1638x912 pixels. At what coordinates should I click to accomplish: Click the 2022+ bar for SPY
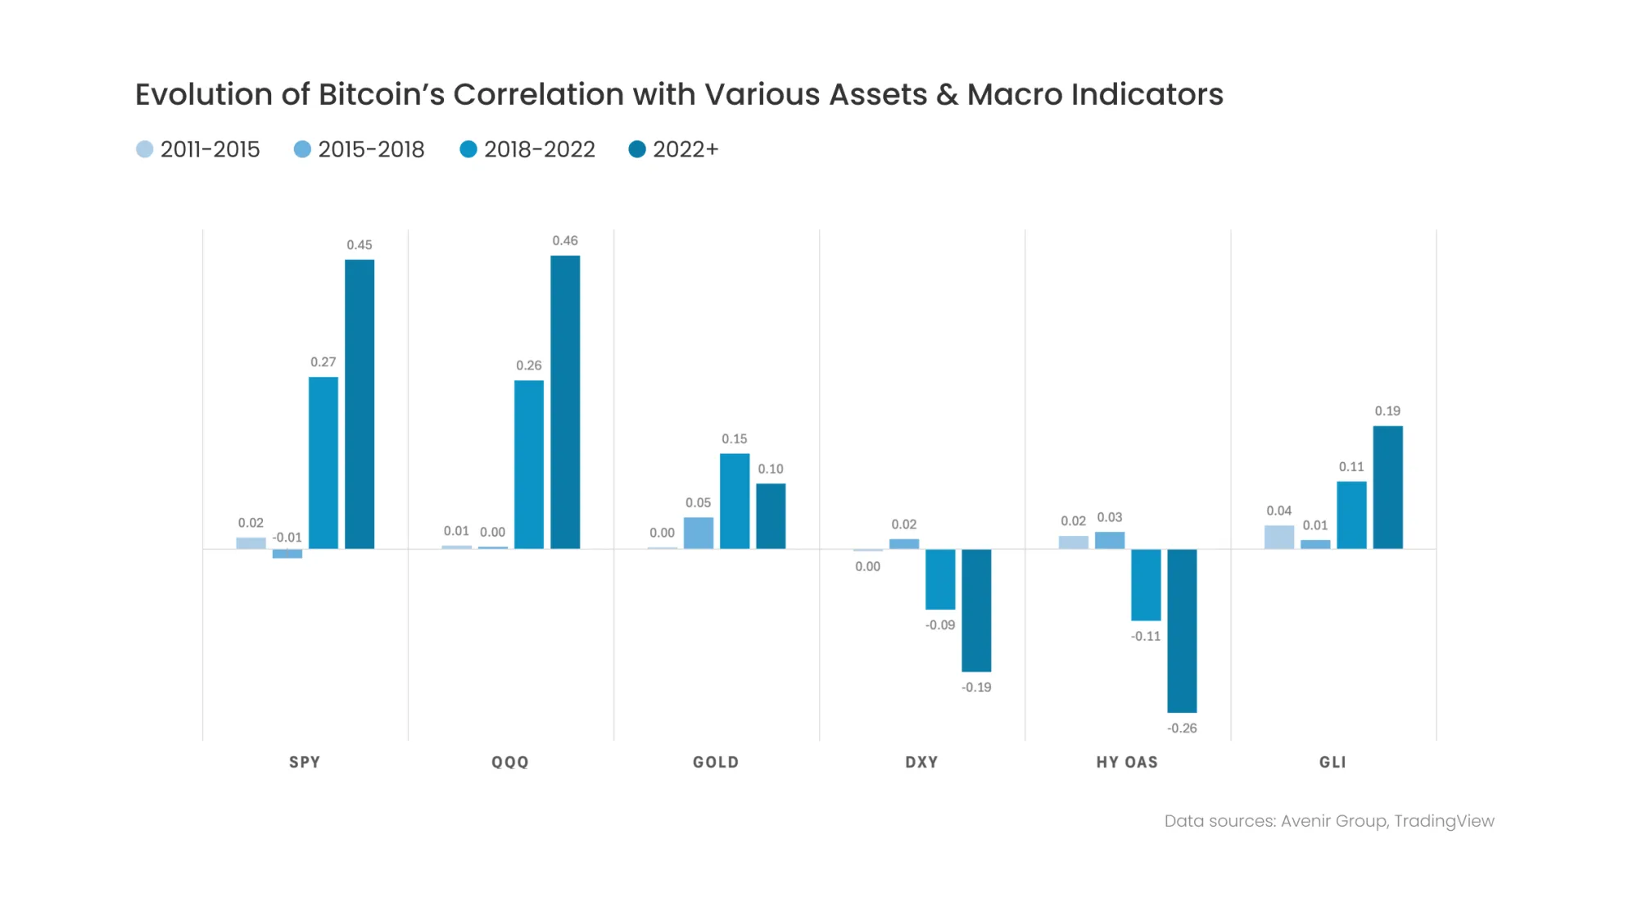[x=360, y=404]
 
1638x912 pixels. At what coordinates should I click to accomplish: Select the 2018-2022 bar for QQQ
[x=529, y=464]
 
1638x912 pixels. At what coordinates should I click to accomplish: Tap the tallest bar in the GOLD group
[x=735, y=501]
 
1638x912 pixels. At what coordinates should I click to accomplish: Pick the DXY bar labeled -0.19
[x=976, y=610]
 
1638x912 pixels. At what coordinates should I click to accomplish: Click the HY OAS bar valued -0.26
[x=1182, y=631]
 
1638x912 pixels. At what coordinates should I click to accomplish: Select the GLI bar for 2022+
[x=1387, y=488]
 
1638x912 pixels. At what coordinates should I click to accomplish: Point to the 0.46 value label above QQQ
[x=565, y=241]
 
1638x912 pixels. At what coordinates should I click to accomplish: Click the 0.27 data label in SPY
[x=324, y=362]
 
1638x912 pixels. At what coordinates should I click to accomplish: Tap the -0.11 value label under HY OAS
[x=1146, y=637]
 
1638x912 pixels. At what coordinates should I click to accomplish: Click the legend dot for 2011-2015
[x=145, y=149]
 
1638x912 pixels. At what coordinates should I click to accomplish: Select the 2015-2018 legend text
[x=371, y=149]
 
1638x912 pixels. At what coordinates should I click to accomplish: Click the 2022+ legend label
[x=686, y=149]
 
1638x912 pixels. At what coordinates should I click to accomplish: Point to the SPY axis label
[x=305, y=762]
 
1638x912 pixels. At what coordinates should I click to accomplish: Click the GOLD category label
[x=716, y=762]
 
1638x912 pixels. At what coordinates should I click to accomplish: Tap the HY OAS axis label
[x=1127, y=762]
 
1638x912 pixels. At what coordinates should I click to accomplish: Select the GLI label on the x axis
[x=1333, y=762]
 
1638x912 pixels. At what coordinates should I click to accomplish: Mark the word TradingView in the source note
[x=1444, y=821]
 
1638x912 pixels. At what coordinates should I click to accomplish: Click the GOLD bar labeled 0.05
[x=699, y=533]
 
